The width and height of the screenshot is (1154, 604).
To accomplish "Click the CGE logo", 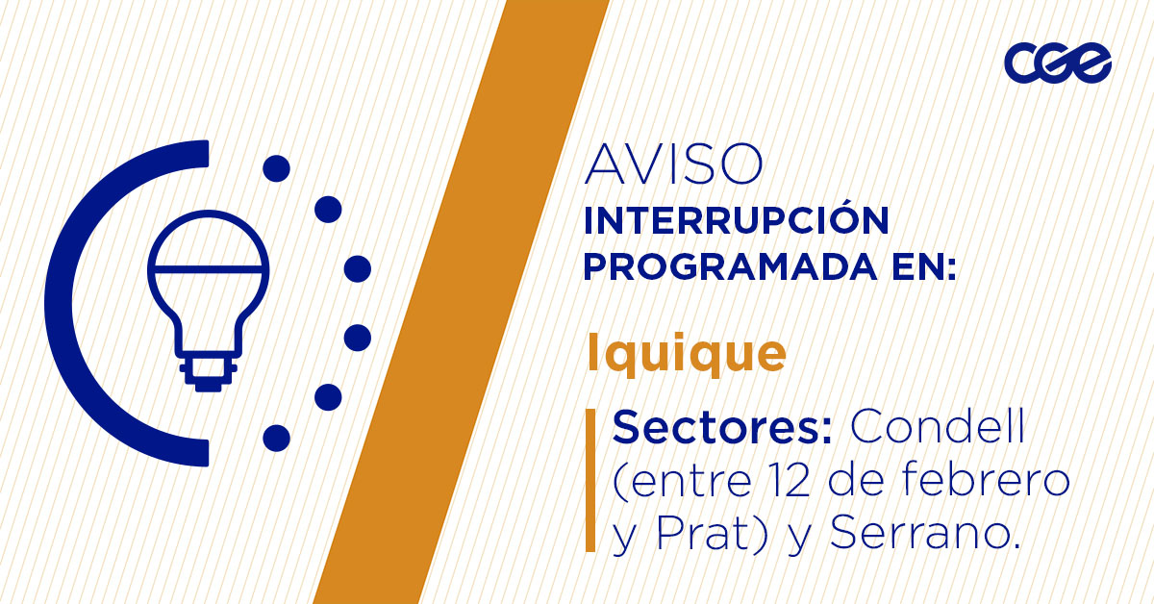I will point(1058,64).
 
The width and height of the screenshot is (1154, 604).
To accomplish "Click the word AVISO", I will point(674,164).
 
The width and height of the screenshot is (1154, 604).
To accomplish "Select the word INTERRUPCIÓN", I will point(736,220).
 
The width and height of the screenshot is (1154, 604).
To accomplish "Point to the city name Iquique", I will point(686,353).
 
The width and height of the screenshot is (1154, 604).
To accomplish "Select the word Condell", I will point(939,427).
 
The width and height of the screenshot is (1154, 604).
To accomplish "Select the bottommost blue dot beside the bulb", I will point(276,438).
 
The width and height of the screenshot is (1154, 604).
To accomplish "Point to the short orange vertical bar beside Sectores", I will point(590,481).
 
